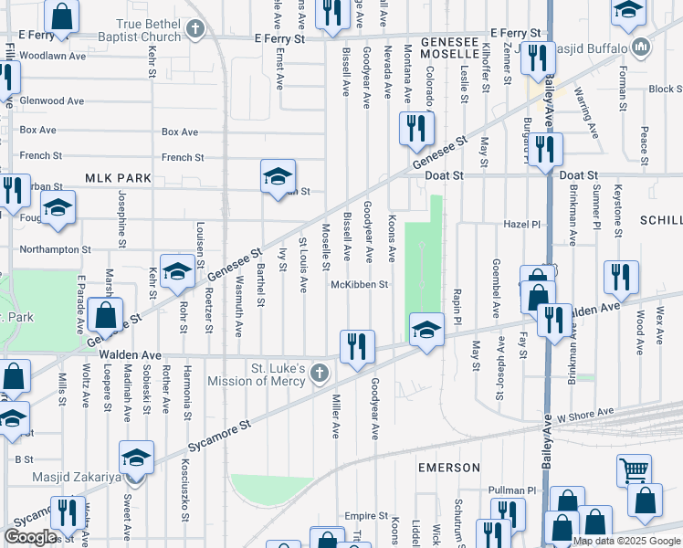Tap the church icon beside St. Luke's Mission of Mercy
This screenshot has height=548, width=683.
click(319, 372)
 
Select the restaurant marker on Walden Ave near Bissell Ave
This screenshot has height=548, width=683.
click(357, 346)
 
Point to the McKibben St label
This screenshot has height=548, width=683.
click(360, 284)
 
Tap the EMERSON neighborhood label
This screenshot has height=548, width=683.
click(449, 467)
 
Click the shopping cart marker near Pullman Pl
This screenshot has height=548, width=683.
click(634, 471)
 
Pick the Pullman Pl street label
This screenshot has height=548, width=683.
click(516, 490)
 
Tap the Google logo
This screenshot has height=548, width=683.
click(30, 537)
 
